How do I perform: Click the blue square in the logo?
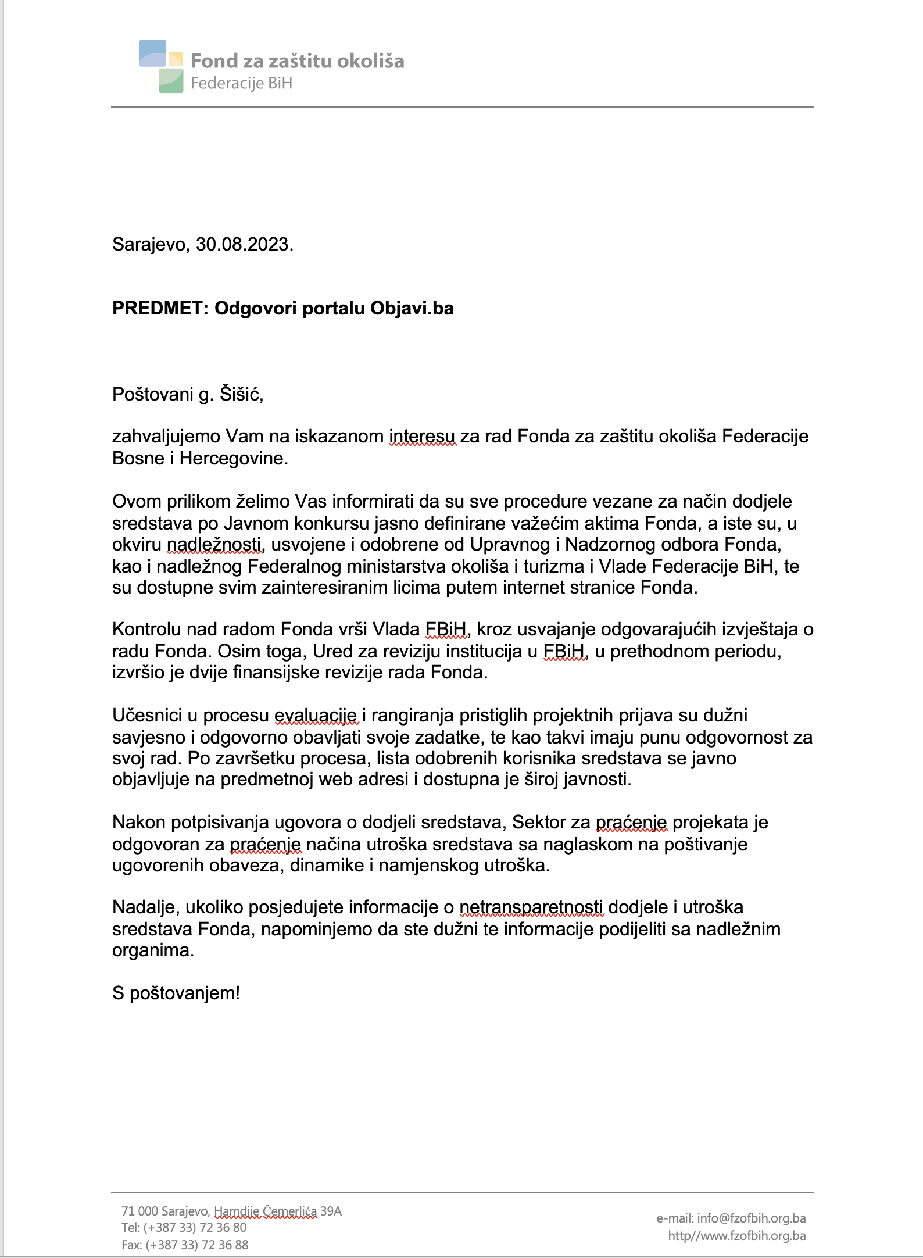point(152,53)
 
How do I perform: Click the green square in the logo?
point(171,81)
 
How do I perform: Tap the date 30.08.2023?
point(244,245)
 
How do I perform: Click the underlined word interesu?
point(423,437)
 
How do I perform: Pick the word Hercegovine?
point(234,459)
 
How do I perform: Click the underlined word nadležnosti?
point(215,545)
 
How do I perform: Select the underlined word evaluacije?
point(316,716)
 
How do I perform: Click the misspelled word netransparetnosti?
point(531,907)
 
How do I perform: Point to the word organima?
point(153,950)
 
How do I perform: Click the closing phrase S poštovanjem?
point(176,993)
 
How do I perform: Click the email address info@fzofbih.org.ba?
point(751,1218)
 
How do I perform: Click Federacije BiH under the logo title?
point(241,84)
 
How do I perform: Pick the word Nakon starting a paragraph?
point(139,823)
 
